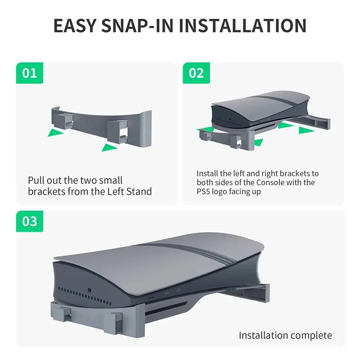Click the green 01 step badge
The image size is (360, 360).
(30, 73)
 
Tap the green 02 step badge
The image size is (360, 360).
(196, 73)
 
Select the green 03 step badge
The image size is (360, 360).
(30, 221)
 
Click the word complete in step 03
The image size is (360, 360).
(311, 335)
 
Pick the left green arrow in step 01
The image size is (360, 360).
(56, 132)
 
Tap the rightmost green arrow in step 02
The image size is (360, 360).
(306, 130)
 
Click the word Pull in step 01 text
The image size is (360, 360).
(36, 180)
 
